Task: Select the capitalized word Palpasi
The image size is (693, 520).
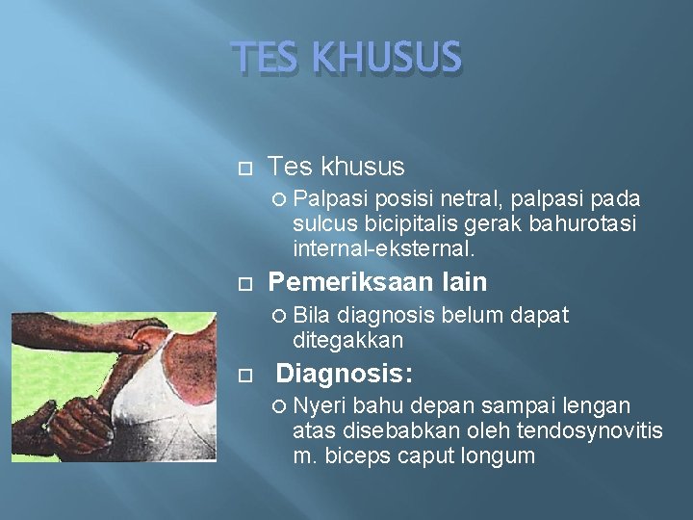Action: coord(331,198)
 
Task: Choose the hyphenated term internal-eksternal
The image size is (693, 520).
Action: coord(383,248)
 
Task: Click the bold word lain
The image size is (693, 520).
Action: coord(464,282)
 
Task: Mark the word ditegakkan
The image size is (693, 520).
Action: coord(347,340)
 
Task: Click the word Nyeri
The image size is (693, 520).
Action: coord(322,405)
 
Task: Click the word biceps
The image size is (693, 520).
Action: coord(363,455)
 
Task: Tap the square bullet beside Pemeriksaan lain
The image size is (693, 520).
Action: coord(244,284)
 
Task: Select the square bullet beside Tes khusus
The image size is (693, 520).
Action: coord(244,169)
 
